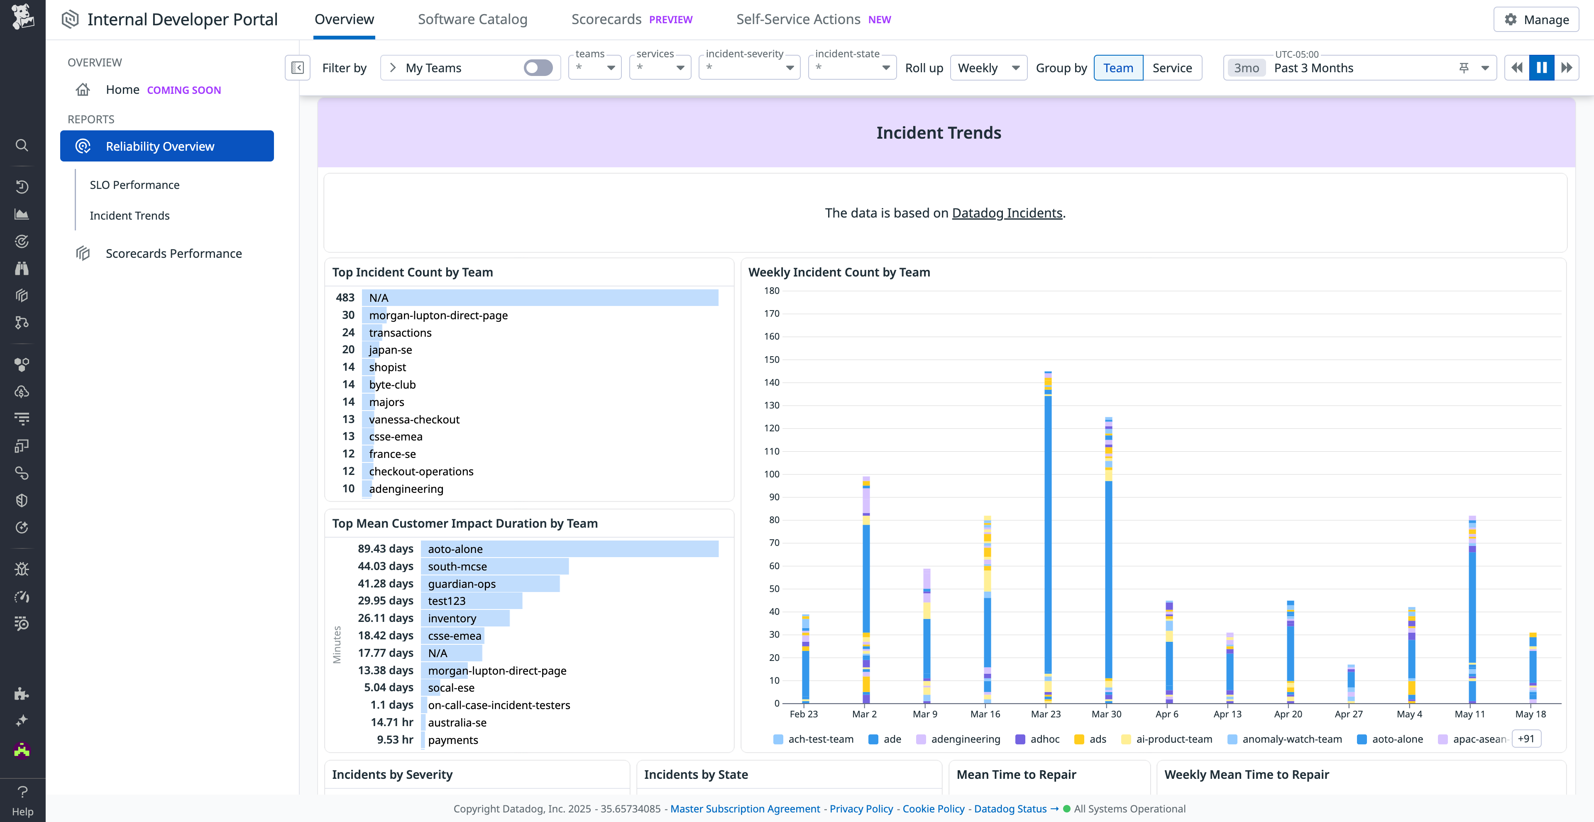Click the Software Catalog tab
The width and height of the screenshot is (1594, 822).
[472, 19]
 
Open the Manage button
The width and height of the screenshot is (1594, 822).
[1536, 19]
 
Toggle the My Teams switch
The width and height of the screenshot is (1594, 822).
[538, 68]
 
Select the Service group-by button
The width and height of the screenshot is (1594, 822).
[1171, 68]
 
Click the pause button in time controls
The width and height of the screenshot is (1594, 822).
[1541, 68]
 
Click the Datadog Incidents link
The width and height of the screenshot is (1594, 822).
[1007, 213]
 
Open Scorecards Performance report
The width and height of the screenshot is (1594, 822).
[173, 254]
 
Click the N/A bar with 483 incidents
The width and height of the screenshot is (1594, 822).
[540, 298]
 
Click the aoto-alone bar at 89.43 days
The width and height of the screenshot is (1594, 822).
[569, 549]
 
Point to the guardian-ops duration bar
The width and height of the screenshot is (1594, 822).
[490, 584]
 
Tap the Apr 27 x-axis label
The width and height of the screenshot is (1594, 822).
[1348, 714]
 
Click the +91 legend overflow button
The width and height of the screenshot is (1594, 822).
[1526, 739]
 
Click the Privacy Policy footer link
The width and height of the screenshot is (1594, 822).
[861, 808]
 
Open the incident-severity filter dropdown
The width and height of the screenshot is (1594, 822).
[749, 68]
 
